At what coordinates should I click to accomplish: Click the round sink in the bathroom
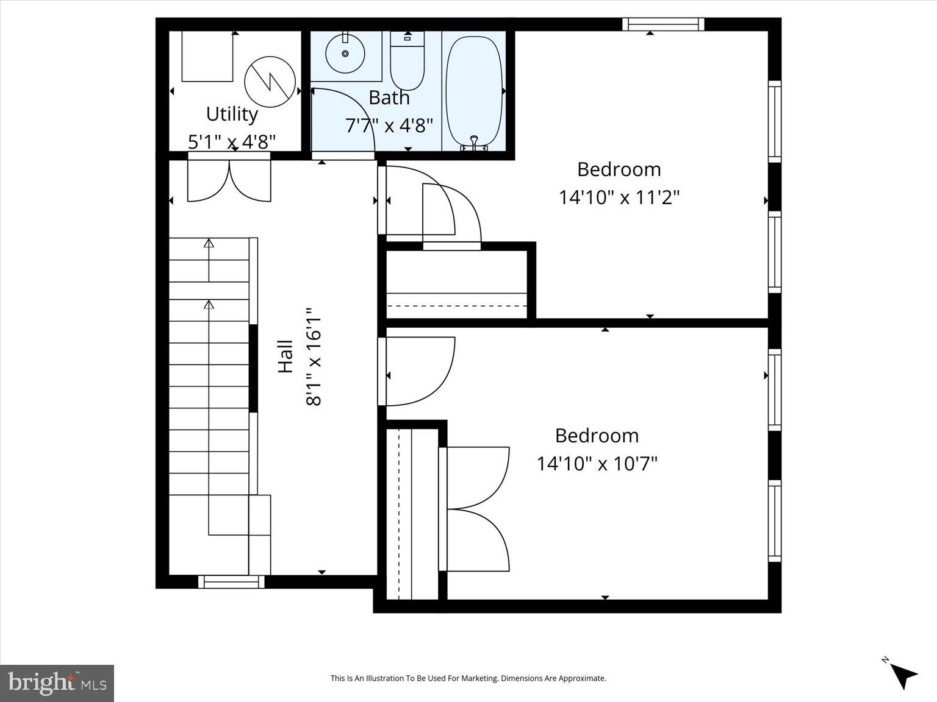(x=345, y=54)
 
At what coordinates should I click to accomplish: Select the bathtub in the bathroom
(x=474, y=90)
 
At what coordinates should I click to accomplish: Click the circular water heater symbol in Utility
(x=270, y=82)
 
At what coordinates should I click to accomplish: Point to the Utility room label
(x=232, y=114)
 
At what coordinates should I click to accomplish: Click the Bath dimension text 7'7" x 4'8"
(x=389, y=126)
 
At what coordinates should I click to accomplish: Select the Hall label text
(x=285, y=356)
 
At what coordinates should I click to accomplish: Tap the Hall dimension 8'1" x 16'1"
(x=314, y=356)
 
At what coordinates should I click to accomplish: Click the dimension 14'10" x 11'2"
(x=619, y=197)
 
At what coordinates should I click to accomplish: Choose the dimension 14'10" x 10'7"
(x=597, y=464)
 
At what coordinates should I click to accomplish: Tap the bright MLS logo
(x=57, y=682)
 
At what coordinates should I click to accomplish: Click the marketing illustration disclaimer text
(x=468, y=678)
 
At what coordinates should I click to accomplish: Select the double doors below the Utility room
(x=229, y=180)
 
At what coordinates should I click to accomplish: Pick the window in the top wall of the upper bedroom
(x=663, y=24)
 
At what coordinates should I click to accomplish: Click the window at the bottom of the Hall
(x=231, y=582)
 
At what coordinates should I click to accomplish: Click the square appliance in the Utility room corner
(x=207, y=56)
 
